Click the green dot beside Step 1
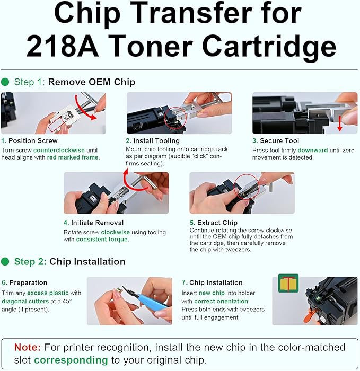pyautogui.click(x=5, y=82)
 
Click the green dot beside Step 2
pyautogui.click(x=5, y=262)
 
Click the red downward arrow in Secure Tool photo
pyautogui.click(x=340, y=121)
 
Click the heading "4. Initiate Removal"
pyautogui.click(x=93, y=223)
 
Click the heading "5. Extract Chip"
pyautogui.click(x=213, y=223)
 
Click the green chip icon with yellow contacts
pyautogui.click(x=288, y=284)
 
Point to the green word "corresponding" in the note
pyautogui.click(x=71, y=360)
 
